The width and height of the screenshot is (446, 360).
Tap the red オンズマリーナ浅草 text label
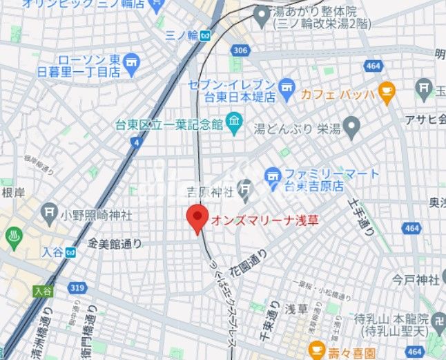point(260,221)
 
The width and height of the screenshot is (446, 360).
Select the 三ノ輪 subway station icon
point(205,36)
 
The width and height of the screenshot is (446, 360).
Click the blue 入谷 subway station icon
point(70,252)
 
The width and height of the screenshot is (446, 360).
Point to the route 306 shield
point(240,50)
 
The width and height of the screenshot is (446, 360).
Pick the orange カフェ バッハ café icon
point(386,90)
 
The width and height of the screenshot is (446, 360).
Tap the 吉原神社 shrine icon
point(245,187)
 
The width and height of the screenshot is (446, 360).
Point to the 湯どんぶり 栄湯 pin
point(352,126)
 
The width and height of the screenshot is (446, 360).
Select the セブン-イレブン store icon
point(287,88)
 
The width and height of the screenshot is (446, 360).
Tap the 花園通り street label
point(252,256)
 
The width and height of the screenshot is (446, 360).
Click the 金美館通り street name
point(115,243)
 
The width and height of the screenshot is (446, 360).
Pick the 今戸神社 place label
point(415,280)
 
